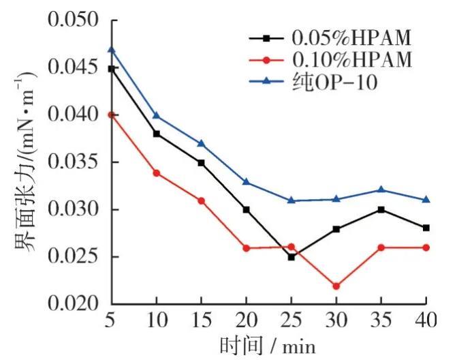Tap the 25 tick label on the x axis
click(x=291, y=320)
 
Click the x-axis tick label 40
click(x=426, y=320)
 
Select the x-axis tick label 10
click(x=157, y=320)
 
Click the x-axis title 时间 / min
click(x=268, y=345)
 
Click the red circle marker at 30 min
click(x=336, y=286)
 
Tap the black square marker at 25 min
click(x=291, y=257)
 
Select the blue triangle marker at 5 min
click(x=112, y=50)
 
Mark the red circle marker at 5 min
click(x=112, y=115)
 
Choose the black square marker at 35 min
click(x=381, y=209)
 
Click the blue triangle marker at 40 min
click(x=426, y=199)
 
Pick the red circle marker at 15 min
click(x=201, y=200)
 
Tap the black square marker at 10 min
click(x=157, y=134)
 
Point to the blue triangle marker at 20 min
click(x=246, y=181)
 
